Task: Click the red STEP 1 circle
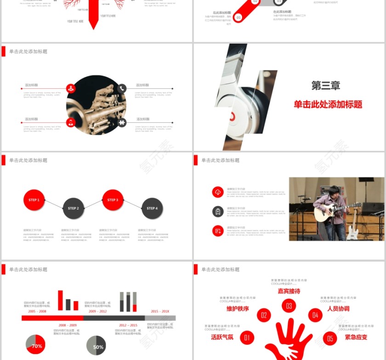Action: pyautogui.click(x=34, y=200)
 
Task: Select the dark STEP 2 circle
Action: pyautogui.click(x=74, y=208)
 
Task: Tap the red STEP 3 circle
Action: pyautogui.click(x=113, y=200)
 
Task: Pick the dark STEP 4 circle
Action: pyautogui.click(x=152, y=208)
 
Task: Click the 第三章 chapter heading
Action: pyautogui.click(x=325, y=86)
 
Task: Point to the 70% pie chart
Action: pyautogui.click(x=35, y=345)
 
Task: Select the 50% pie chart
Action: pyautogui.click(x=96, y=346)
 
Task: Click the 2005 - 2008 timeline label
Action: pyautogui.click(x=37, y=311)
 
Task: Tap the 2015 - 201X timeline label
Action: pyautogui.click(x=160, y=311)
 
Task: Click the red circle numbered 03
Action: pyautogui.click(x=289, y=306)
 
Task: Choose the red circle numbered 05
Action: pyautogui.click(x=330, y=338)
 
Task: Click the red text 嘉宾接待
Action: pyautogui.click(x=289, y=291)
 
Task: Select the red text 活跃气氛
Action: pyautogui.click(x=222, y=337)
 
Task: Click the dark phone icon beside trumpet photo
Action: pyautogui.click(x=122, y=88)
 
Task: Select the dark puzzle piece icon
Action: pyautogui.click(x=122, y=122)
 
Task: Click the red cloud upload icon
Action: pyautogui.click(x=218, y=192)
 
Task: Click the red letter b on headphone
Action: pyautogui.click(x=233, y=116)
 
